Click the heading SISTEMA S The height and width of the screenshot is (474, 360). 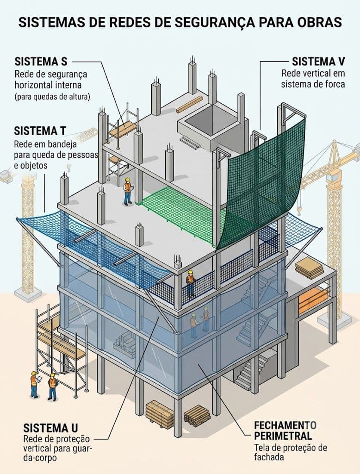coord(41,62)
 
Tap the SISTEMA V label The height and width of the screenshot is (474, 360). coord(318,62)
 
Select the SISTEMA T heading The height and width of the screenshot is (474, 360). coord(40,131)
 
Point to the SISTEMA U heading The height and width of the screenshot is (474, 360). coord(50,428)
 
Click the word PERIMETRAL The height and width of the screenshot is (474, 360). coord(283,436)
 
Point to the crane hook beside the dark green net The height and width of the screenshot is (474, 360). coord(299,208)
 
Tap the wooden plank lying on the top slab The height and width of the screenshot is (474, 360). coord(189,105)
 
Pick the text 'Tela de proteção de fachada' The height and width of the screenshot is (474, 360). coord(290,452)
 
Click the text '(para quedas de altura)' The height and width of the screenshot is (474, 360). coord(52,97)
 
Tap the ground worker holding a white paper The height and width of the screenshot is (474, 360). coord(34,384)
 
